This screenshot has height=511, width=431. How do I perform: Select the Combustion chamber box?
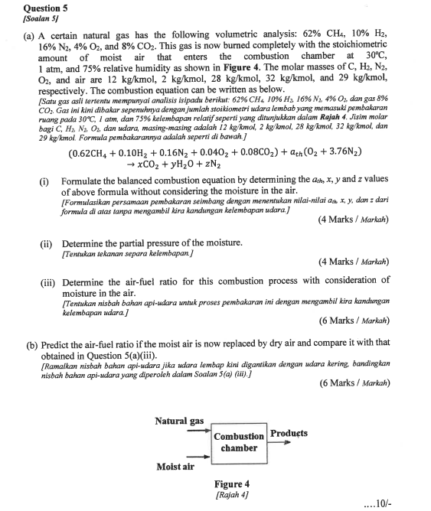pyautogui.click(x=239, y=442)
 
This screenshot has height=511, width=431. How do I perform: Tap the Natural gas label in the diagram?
pyautogui.click(x=179, y=421)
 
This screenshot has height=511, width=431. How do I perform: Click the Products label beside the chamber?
pyautogui.click(x=289, y=434)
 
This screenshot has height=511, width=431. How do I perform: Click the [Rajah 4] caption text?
pyautogui.click(x=231, y=495)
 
